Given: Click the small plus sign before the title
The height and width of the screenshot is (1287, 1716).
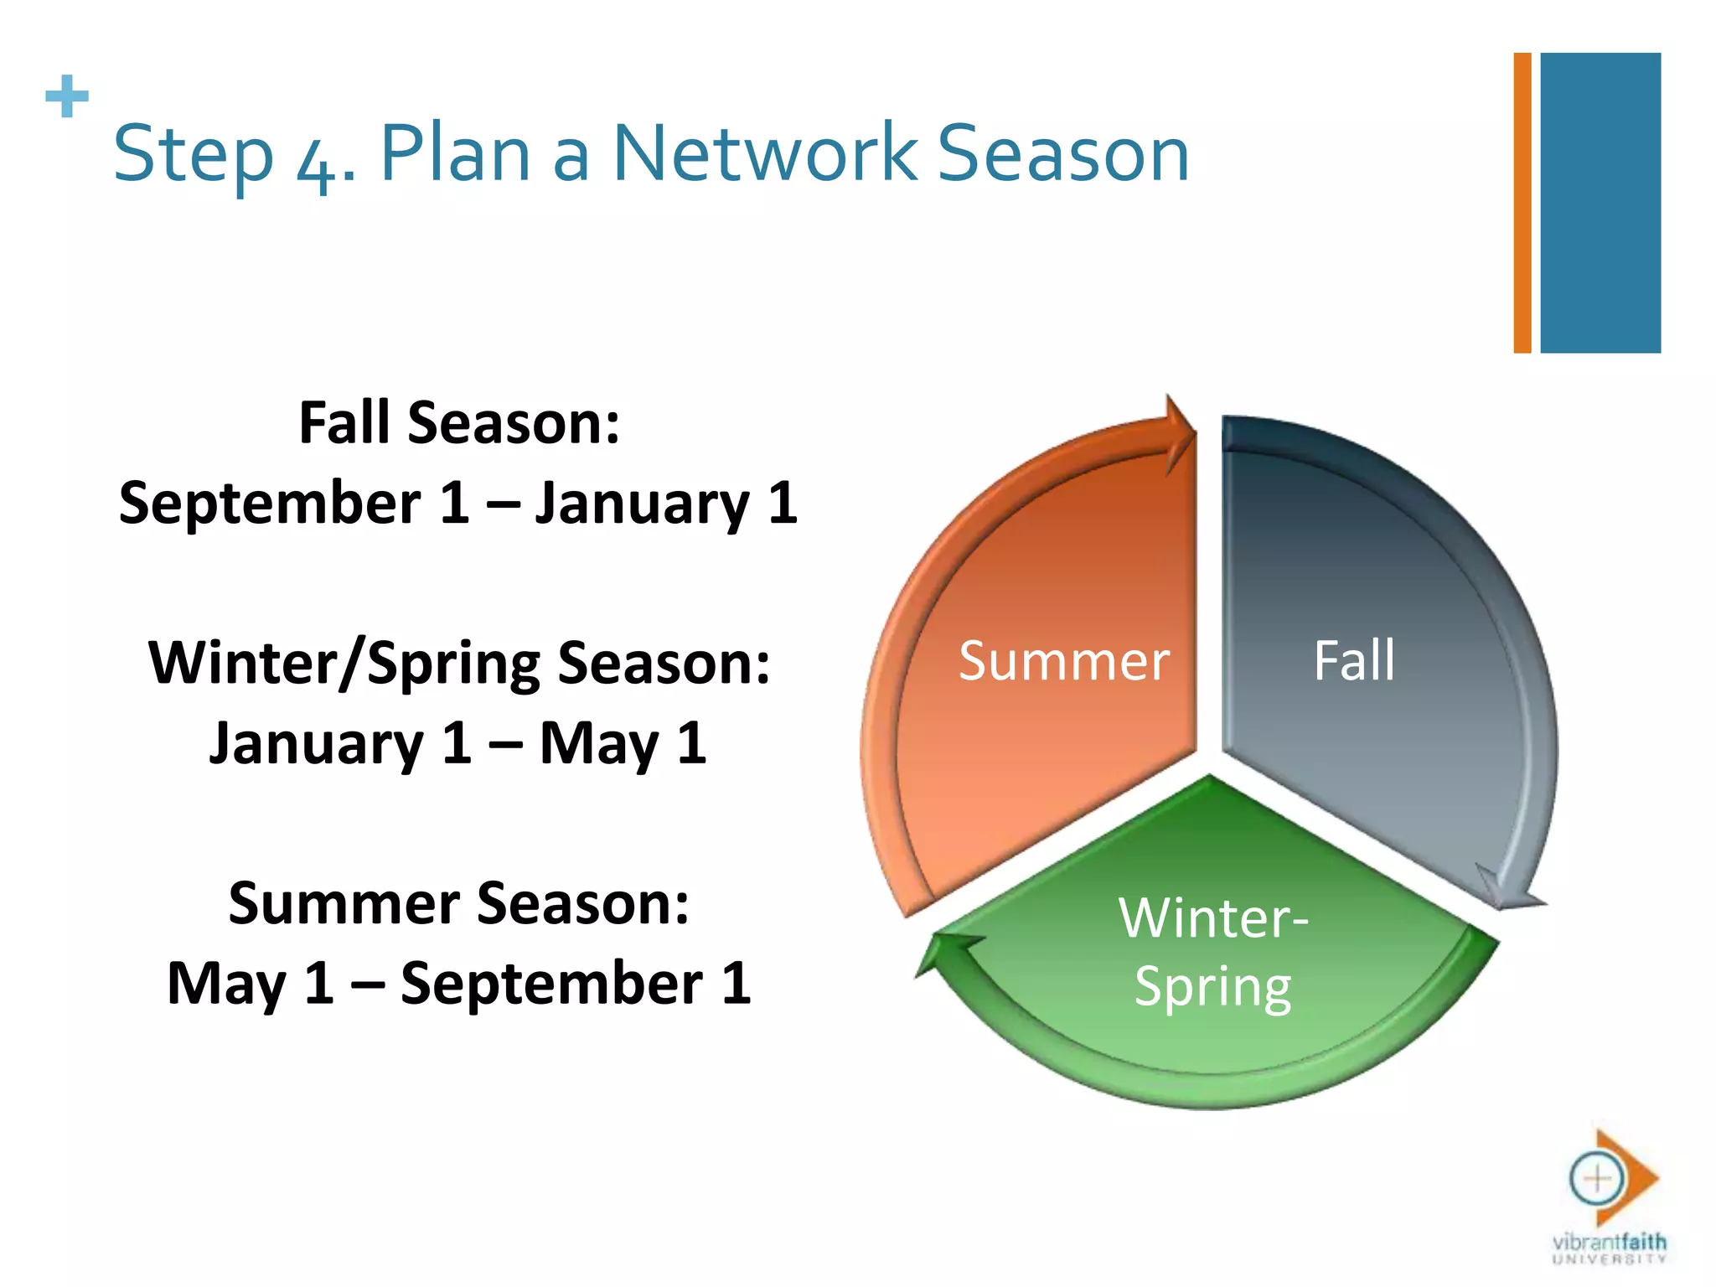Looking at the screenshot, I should coord(67,97).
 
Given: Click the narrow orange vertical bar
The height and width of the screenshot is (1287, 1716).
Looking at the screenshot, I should coord(1522,203).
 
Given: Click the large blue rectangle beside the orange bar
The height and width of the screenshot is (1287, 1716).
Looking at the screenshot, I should coord(1600,203).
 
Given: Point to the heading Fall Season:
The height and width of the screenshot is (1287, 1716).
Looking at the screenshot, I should coord(459,422).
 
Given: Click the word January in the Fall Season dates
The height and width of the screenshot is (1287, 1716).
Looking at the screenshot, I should coord(643,504).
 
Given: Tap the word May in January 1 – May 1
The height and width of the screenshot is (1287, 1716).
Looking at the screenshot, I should coord(598,744).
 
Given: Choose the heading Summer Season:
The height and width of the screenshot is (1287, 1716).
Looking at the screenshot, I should coord(459,903).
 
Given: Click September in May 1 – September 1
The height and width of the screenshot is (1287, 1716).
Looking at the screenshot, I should coord(551,984).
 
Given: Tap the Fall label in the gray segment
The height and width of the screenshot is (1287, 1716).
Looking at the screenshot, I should coord(1353,661).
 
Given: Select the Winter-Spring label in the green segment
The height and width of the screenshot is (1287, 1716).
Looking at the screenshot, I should coord(1212,952).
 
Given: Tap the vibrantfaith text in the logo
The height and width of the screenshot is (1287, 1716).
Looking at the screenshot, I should coord(1609,1242).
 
